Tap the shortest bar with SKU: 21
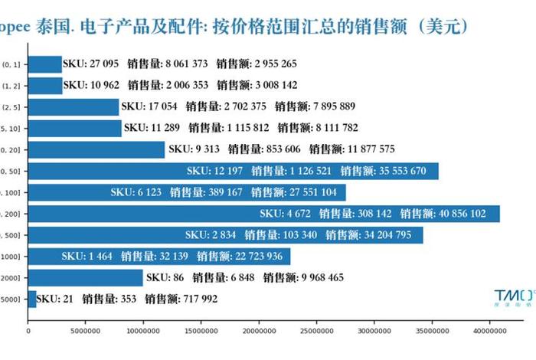pos(32,299)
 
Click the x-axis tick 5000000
pos(86,332)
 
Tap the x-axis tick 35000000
pos(430,332)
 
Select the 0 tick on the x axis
pos(28,332)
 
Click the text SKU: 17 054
pos(149,106)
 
